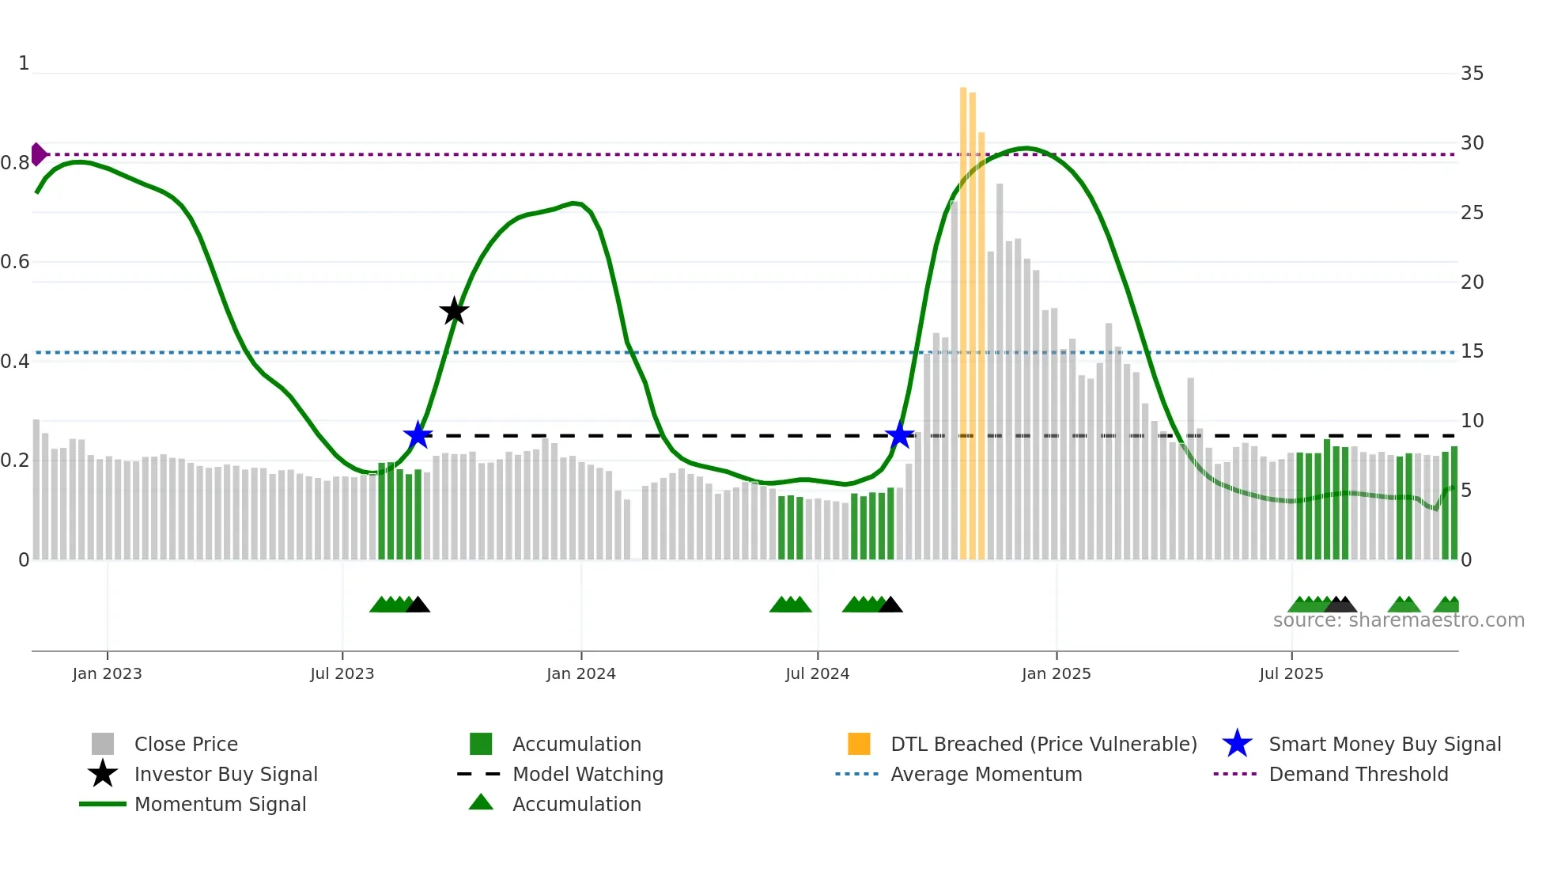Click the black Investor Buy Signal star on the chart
click(x=454, y=312)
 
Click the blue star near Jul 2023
click(x=418, y=435)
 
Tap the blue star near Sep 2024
click(x=899, y=435)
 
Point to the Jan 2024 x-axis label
click(x=580, y=673)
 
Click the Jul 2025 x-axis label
click(x=1291, y=673)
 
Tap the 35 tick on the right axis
click(x=1472, y=74)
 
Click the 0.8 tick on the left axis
click(x=15, y=163)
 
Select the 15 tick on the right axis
click(x=1472, y=351)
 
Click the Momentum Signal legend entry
click(x=220, y=804)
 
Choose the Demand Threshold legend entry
click(x=1358, y=774)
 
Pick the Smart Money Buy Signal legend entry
click(x=1384, y=744)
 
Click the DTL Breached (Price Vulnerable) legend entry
click(x=1043, y=744)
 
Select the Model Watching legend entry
click(x=588, y=774)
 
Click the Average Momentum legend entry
click(x=985, y=774)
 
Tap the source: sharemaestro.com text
click(x=1398, y=620)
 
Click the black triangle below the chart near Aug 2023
click(x=418, y=605)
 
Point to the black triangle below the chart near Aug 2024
click(x=890, y=605)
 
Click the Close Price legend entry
click(x=186, y=744)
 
